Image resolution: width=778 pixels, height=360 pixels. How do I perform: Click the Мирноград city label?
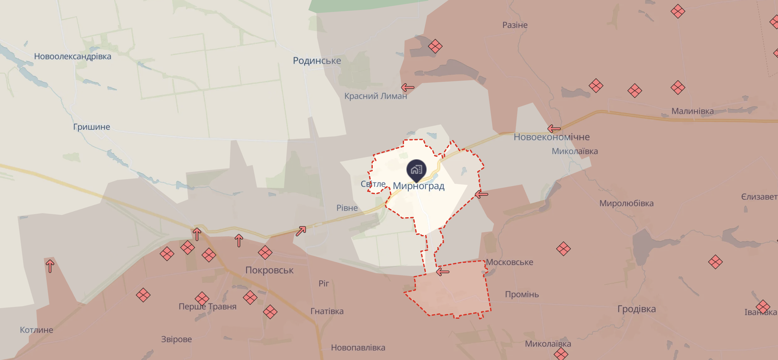point(418,186)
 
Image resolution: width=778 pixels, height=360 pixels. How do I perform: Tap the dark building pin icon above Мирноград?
point(416,170)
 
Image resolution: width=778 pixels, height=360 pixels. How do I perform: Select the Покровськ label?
point(269,270)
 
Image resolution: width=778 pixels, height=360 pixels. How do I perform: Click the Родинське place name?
point(317,61)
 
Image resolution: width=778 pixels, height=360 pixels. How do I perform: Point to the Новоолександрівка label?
point(73,57)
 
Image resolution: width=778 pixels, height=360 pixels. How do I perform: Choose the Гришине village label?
point(92,127)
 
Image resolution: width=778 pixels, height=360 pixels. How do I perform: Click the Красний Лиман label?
point(376,96)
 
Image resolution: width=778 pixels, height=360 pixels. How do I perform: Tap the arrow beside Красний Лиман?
point(407,87)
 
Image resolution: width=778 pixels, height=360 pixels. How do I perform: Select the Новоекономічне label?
point(552,137)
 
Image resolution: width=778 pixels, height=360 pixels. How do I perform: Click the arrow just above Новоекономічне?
point(554,128)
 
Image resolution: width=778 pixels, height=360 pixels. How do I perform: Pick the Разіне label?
point(515,25)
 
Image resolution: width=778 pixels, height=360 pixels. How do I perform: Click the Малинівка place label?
point(692,111)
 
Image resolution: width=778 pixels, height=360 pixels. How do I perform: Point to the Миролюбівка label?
point(626,203)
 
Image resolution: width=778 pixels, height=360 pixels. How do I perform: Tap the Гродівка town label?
point(636,309)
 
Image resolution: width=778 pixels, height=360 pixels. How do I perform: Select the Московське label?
point(509,262)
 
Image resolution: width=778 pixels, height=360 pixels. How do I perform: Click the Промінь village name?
point(522,294)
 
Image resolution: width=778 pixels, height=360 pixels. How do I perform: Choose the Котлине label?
point(37,330)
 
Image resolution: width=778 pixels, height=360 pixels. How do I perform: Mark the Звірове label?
point(176,339)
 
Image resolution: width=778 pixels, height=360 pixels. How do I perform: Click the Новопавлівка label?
point(358,348)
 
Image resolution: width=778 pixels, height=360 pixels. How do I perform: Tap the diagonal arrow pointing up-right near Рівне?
point(301,231)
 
